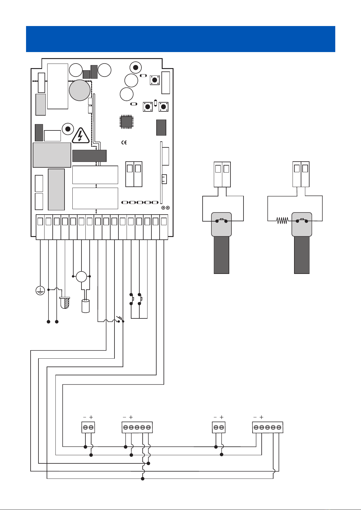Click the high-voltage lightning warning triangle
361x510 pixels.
(x=80, y=136)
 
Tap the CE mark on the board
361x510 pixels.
(x=124, y=143)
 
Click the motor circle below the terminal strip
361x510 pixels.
(x=81, y=277)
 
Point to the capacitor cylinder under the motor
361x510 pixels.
(x=86, y=306)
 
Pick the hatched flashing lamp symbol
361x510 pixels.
(x=65, y=303)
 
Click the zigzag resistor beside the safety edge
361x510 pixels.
(x=282, y=221)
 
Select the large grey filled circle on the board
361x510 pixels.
(x=80, y=90)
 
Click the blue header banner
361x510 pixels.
(x=180, y=39)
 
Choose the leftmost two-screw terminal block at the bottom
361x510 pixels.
(x=88, y=427)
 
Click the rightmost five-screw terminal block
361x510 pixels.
(x=268, y=427)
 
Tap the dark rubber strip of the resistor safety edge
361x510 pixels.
(x=302, y=255)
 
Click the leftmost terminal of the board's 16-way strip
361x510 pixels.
(x=40, y=222)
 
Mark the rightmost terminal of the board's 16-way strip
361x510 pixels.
(x=164, y=222)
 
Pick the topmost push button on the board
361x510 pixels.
(x=155, y=80)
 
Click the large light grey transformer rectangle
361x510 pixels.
(x=52, y=155)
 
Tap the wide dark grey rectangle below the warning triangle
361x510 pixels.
(x=89, y=156)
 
